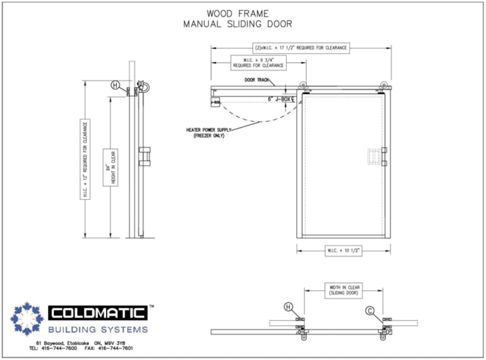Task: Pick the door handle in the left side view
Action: tap(145, 155)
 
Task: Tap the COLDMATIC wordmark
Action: tap(97, 313)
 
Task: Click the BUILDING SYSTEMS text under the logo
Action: tap(98, 330)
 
